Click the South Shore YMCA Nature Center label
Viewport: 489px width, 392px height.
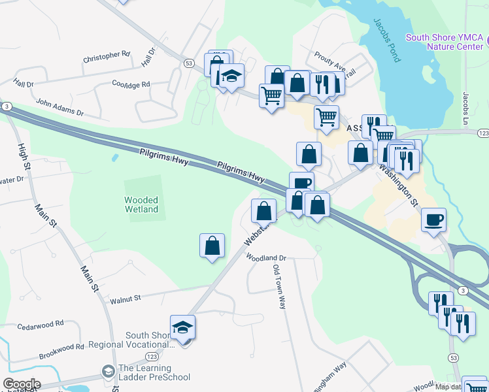[x=444, y=42]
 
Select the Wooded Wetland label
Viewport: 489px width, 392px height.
[x=141, y=204]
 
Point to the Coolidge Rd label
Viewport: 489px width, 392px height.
[x=131, y=84]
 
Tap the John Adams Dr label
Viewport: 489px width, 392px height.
[x=60, y=108]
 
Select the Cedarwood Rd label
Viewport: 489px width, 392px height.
[x=41, y=324]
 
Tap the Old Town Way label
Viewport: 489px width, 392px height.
[x=279, y=287]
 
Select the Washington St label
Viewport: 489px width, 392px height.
[x=399, y=185]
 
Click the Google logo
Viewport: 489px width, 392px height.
[x=22, y=384]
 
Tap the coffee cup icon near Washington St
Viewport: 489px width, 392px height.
[x=433, y=220]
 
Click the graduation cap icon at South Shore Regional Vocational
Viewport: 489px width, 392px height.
[x=183, y=327]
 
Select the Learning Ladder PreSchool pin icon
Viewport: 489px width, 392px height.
[x=108, y=372]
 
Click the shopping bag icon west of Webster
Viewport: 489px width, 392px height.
[x=212, y=246]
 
